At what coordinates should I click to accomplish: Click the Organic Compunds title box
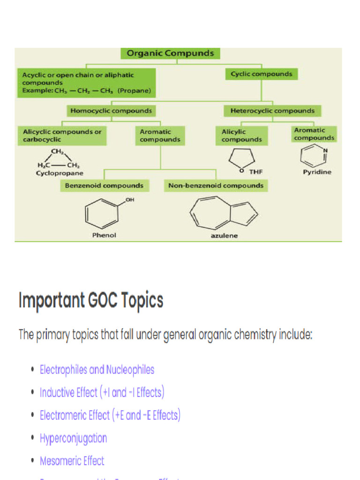click(x=170, y=53)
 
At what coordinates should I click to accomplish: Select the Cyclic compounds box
click(x=261, y=74)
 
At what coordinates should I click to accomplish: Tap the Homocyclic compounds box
click(x=111, y=111)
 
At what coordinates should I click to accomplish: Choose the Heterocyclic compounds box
click(x=272, y=111)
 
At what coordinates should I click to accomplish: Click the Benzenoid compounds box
click(x=104, y=186)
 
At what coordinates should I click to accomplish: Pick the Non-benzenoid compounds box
click(x=216, y=186)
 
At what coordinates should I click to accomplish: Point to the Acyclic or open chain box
click(x=86, y=82)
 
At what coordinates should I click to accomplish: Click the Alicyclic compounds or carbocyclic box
click(x=62, y=135)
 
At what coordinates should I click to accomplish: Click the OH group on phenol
click(x=129, y=201)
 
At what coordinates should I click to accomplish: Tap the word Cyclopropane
click(x=60, y=173)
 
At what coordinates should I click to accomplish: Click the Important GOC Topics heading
click(x=91, y=300)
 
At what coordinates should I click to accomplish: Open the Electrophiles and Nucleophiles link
click(x=97, y=370)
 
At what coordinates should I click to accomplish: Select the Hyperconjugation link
click(x=74, y=438)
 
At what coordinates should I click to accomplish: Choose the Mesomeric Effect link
click(x=72, y=461)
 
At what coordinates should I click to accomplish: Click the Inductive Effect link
click(x=102, y=392)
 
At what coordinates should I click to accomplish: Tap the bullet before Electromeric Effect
click(x=32, y=415)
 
